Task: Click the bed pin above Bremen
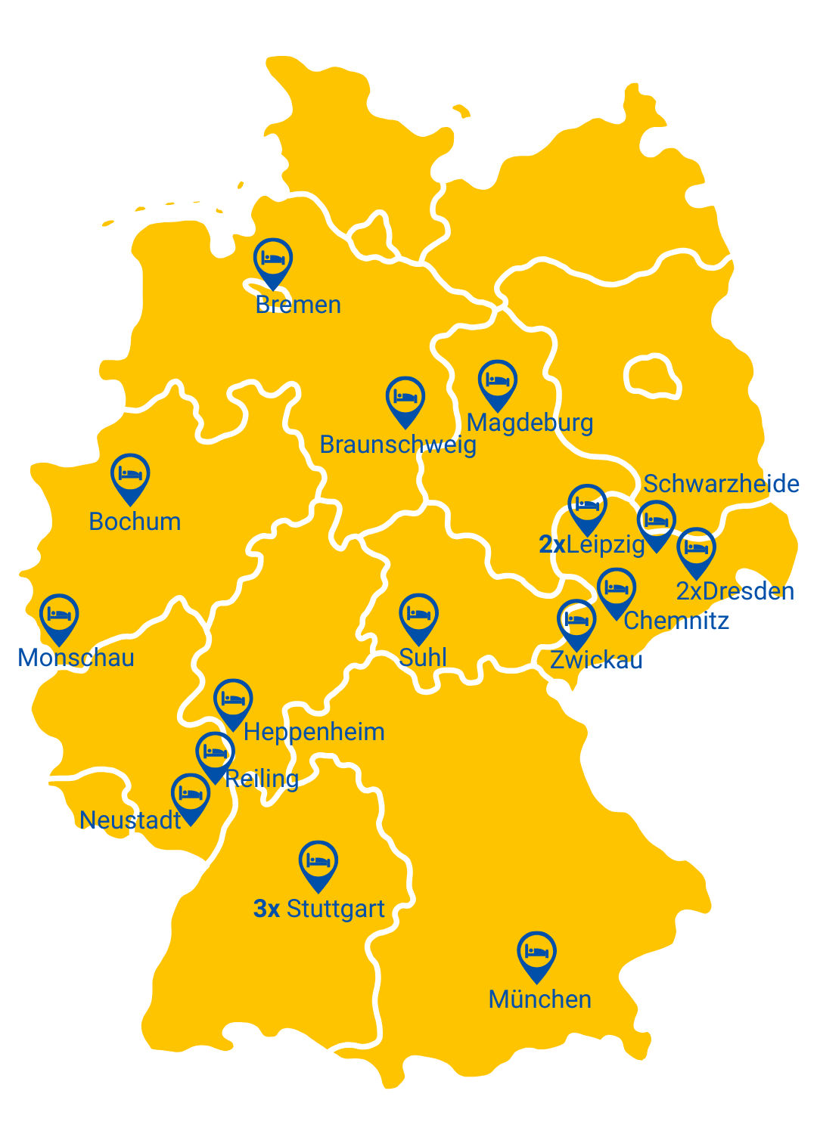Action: [272, 259]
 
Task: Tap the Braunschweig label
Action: [398, 445]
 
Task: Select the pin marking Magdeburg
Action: [497, 381]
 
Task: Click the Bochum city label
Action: [135, 522]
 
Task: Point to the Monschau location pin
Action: [58, 615]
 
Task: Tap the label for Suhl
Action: [422, 658]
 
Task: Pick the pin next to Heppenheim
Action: [233, 700]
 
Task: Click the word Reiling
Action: [262, 779]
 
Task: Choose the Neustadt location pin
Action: [191, 795]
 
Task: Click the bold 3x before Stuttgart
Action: [266, 909]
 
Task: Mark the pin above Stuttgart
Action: [318, 862]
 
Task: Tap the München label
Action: [539, 999]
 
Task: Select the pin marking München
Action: [536, 953]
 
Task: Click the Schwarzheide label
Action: [721, 484]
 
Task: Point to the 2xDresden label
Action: [735, 591]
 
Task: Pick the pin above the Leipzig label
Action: [587, 506]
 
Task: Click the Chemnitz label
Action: [676, 621]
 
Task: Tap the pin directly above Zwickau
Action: [576, 621]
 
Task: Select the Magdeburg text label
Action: [530, 423]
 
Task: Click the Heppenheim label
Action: [314, 732]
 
